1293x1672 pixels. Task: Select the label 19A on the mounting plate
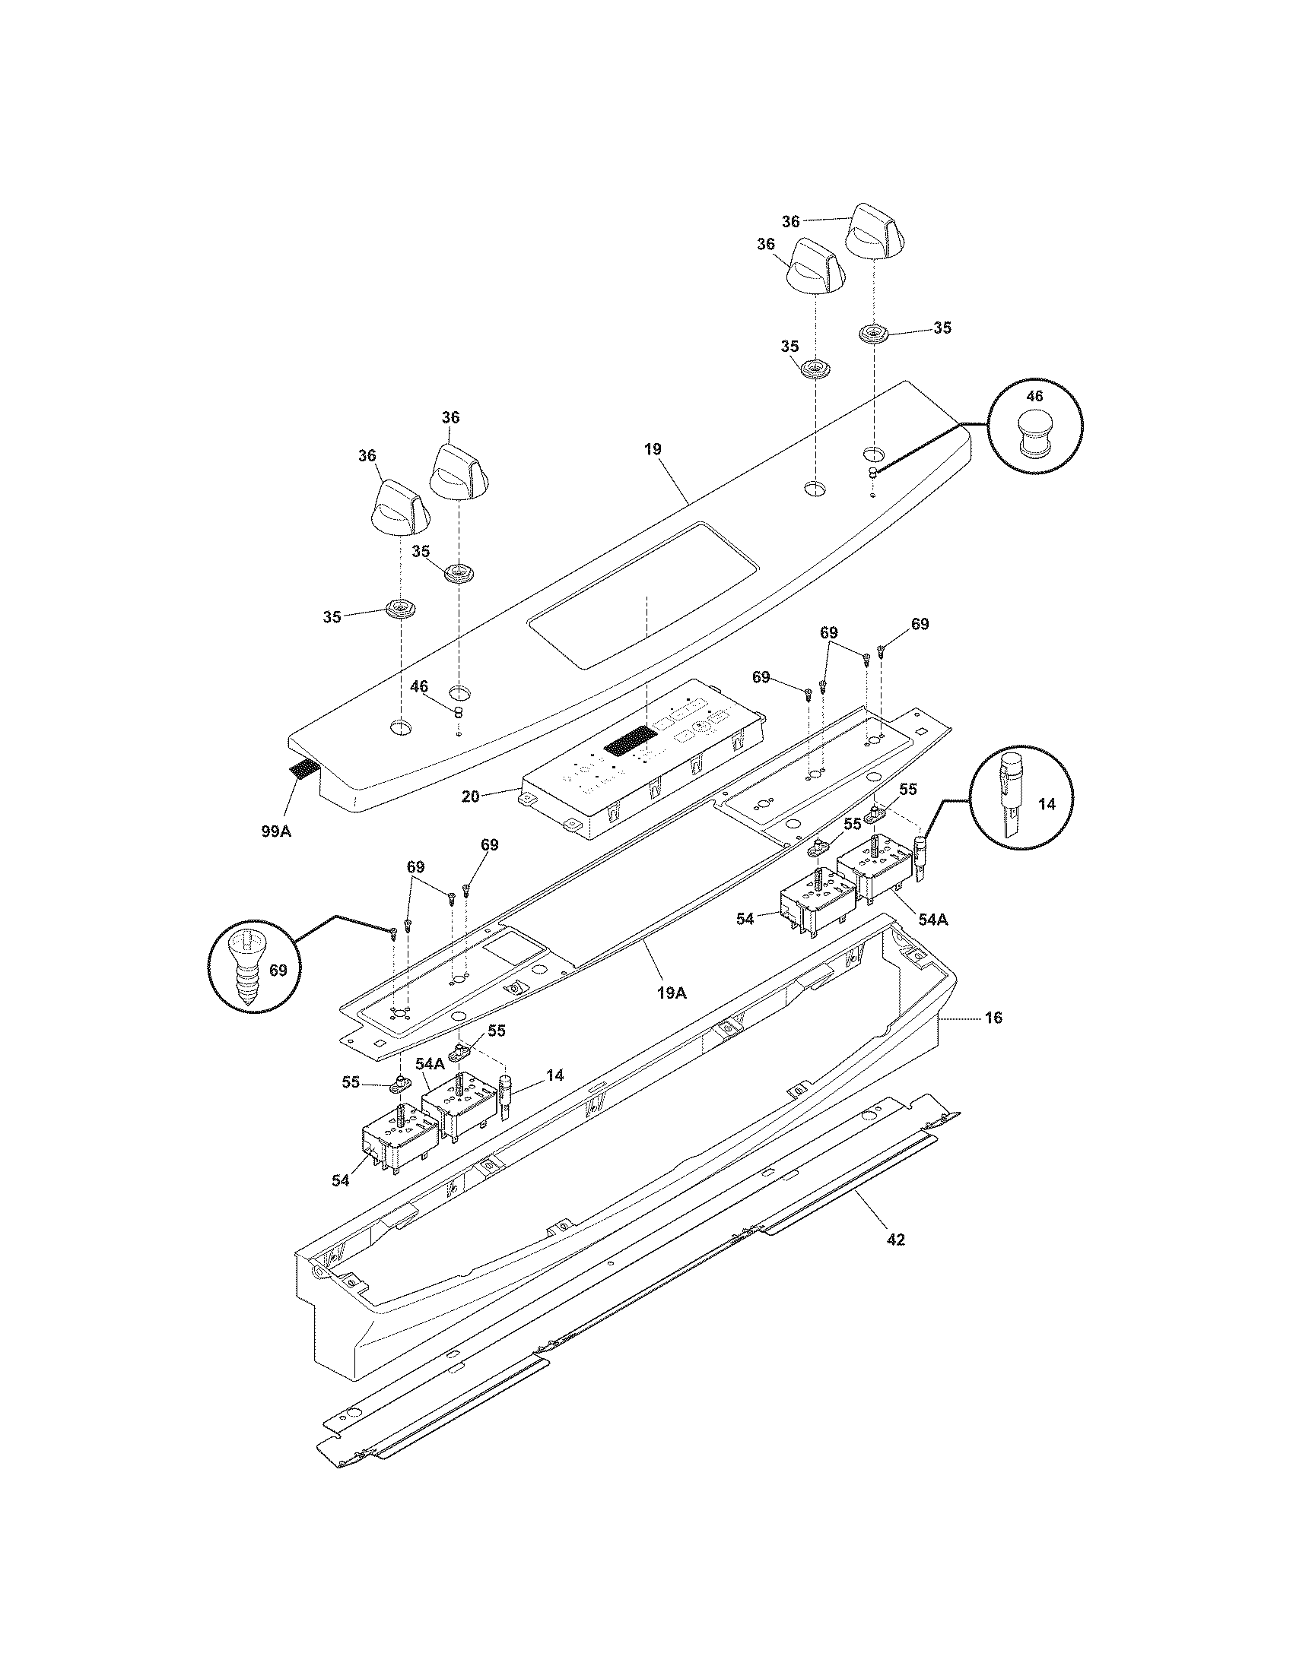[x=672, y=993]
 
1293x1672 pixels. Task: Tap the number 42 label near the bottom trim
[x=895, y=1239]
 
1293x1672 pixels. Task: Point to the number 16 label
[x=993, y=1018]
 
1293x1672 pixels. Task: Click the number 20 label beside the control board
[x=470, y=796]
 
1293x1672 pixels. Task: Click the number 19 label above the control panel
[x=653, y=449]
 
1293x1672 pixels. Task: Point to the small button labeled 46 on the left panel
[x=458, y=712]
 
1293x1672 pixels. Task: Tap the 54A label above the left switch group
[x=430, y=1063]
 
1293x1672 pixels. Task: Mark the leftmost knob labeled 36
[x=399, y=507]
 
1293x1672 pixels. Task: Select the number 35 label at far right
[x=942, y=328]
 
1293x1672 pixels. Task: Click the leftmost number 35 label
[x=332, y=617]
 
